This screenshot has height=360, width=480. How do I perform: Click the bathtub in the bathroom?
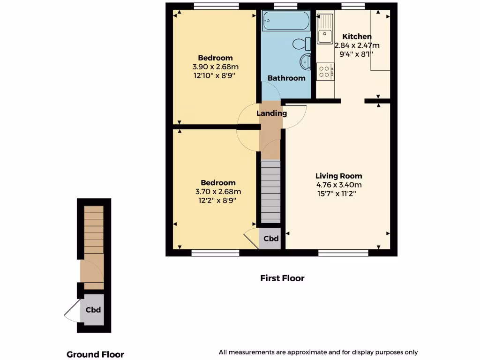[x=285, y=22]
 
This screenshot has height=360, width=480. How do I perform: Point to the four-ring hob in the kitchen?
[x=324, y=71]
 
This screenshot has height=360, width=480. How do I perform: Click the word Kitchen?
[x=357, y=37]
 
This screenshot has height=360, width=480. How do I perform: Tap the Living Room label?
[x=338, y=176]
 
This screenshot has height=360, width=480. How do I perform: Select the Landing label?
[x=271, y=113]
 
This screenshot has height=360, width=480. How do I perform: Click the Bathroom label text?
[x=286, y=78]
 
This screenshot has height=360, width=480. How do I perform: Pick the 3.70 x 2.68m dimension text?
[x=218, y=191]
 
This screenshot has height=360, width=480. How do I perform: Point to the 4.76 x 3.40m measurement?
[x=338, y=185]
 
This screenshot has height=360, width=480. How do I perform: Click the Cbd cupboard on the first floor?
[x=271, y=239]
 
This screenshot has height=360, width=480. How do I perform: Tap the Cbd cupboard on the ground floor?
[x=93, y=309]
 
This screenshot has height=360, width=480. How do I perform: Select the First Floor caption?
[x=282, y=278]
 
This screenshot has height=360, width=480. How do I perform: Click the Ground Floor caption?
[x=95, y=354]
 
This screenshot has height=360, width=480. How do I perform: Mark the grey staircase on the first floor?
[x=270, y=192]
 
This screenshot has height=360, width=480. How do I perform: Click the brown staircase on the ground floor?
[x=94, y=230]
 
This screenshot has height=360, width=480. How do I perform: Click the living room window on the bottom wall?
[x=343, y=253]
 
